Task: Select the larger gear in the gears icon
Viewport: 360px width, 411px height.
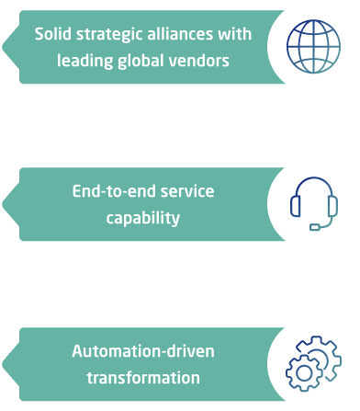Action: [304, 369]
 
